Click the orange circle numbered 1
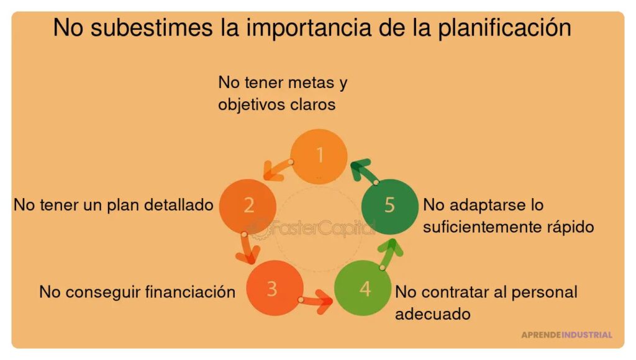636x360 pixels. (x=319, y=156)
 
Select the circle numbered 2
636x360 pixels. (x=248, y=206)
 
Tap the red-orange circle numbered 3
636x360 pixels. (x=275, y=288)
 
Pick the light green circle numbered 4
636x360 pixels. (x=363, y=288)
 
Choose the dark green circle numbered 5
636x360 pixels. (x=390, y=206)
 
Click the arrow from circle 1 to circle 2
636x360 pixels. (x=276, y=169)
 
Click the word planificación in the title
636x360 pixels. (x=504, y=27)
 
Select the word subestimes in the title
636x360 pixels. (x=152, y=27)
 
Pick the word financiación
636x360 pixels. (x=190, y=292)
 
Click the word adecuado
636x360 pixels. (x=433, y=314)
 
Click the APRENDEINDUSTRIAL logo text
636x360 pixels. (x=566, y=335)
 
